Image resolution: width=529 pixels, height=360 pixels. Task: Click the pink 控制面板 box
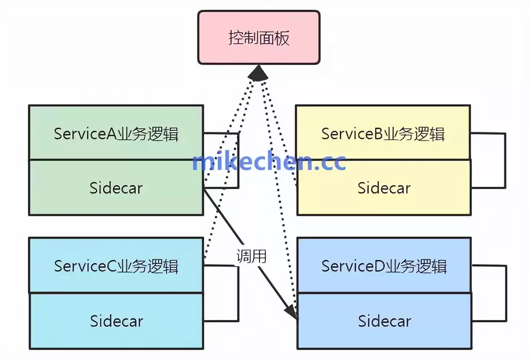(x=259, y=37)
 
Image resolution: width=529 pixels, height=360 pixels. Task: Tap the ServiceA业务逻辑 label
(x=116, y=134)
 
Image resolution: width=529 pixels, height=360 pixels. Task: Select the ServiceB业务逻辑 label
(x=383, y=134)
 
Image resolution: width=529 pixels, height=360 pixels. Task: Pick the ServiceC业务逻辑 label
(x=116, y=266)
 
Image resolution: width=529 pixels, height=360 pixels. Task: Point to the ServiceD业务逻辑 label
(x=384, y=266)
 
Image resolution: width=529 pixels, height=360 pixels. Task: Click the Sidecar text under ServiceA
(x=116, y=188)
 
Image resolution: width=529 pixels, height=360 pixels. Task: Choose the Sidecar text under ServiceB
(x=384, y=188)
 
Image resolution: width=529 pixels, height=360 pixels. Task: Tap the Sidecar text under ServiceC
(x=116, y=321)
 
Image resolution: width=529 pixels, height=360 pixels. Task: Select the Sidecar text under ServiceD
(x=384, y=321)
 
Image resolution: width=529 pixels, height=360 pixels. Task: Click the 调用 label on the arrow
(x=251, y=256)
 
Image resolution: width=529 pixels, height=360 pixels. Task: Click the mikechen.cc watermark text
(x=269, y=161)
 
